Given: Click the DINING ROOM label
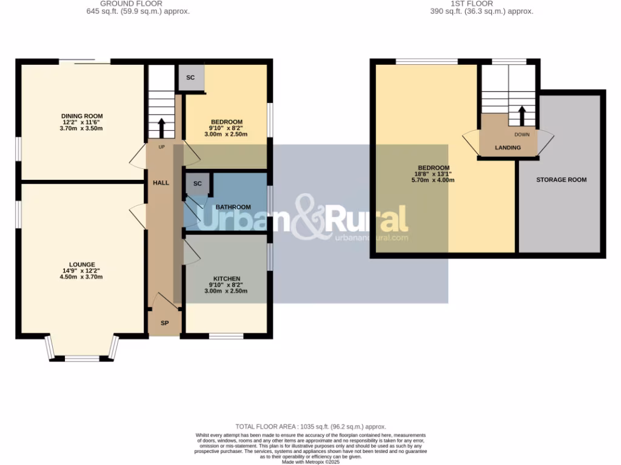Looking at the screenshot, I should click(82, 116).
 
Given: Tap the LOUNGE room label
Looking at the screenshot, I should click(82, 265).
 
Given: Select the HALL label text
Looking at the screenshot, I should click(161, 183).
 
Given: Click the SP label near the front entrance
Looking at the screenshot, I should click(164, 323).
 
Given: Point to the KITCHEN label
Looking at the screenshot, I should click(226, 279).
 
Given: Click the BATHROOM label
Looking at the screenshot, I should click(233, 207).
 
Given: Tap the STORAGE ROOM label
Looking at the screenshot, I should click(561, 180).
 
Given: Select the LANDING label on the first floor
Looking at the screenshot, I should click(508, 147).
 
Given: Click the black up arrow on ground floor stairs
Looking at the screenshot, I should click(161, 128).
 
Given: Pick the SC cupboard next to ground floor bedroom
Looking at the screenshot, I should click(190, 78).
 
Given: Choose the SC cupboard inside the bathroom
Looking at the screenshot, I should click(197, 183).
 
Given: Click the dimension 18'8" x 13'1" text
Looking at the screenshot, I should click(434, 174).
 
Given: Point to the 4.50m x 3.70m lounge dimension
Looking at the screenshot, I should click(82, 277).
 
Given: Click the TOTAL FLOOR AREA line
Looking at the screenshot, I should click(310, 427).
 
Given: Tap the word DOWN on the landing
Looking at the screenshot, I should click(522, 134).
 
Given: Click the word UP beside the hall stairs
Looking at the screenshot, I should click(161, 147).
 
